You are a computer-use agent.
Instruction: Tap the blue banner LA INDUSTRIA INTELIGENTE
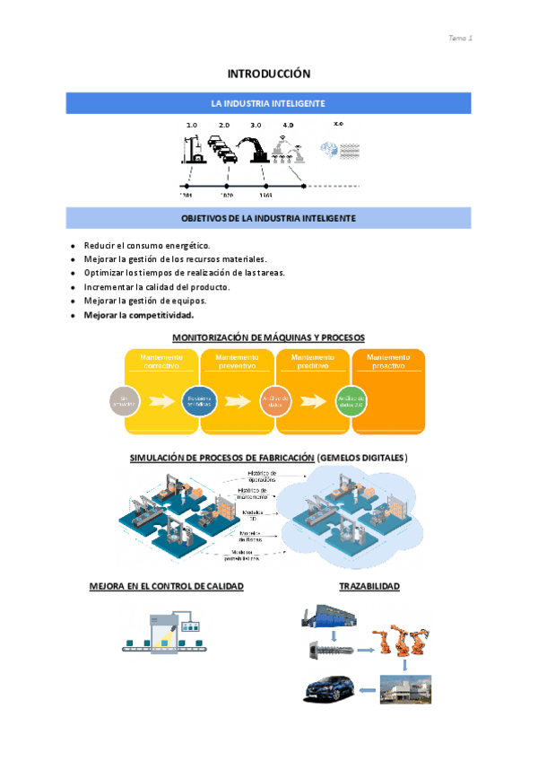point(268,103)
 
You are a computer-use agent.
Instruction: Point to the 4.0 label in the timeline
point(288,126)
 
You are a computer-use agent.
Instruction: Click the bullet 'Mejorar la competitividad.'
point(139,315)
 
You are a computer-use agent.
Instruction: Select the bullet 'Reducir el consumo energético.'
point(147,245)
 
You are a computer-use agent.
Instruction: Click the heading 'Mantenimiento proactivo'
point(389,361)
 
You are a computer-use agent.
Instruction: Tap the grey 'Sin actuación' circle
point(125,401)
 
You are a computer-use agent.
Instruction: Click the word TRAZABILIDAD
point(369,586)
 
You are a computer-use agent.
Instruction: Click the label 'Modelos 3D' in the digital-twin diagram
point(252,515)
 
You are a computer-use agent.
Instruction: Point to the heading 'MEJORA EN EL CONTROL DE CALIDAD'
point(166,586)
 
